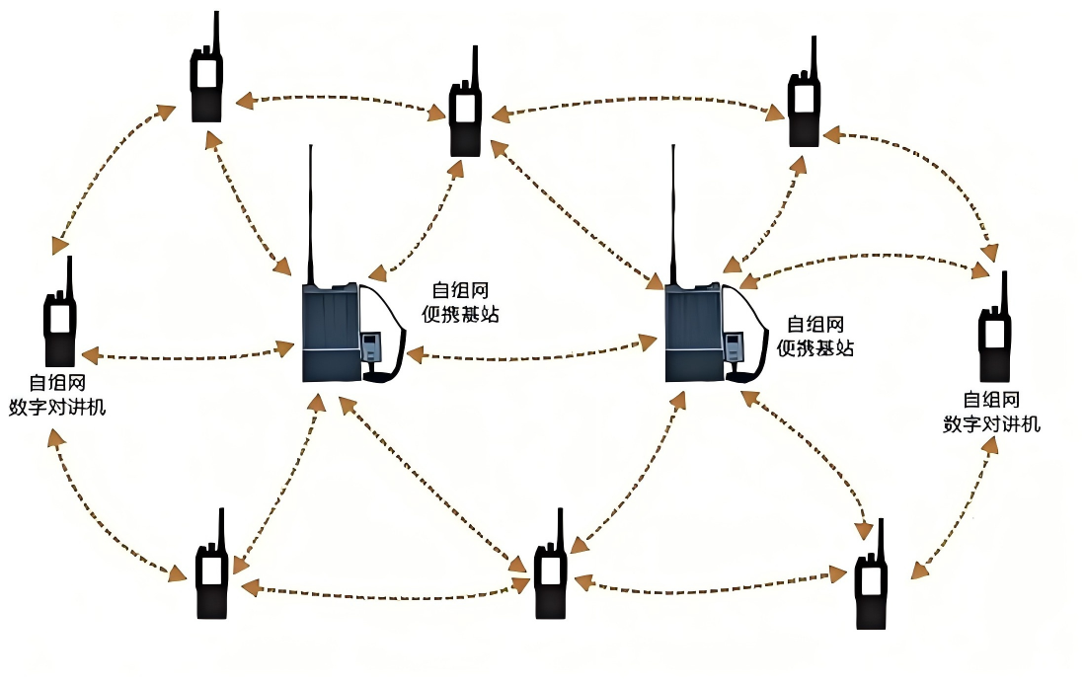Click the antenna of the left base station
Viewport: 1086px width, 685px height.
310,212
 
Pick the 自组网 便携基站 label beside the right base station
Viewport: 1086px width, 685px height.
815,336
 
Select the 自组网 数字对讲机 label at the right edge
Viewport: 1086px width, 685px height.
991,412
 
